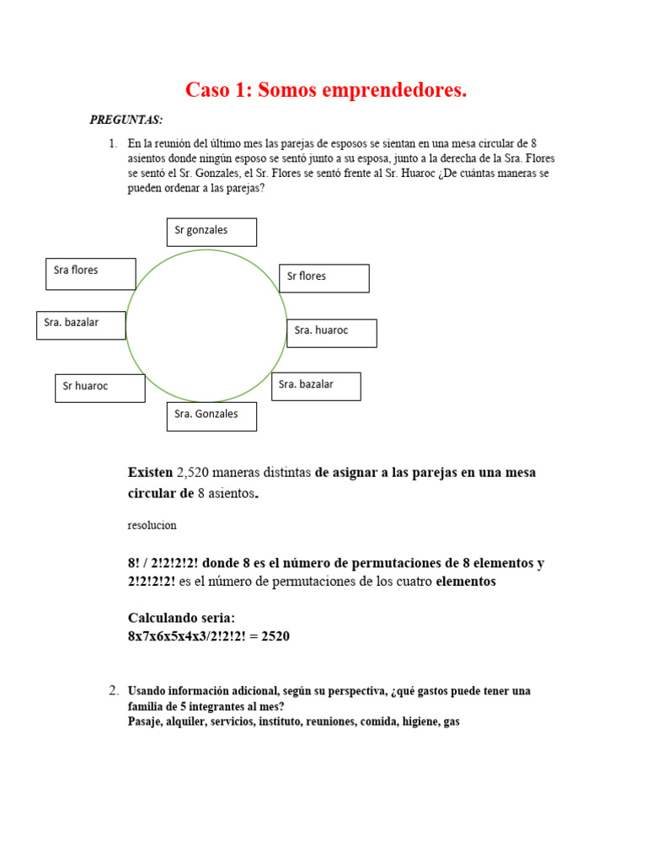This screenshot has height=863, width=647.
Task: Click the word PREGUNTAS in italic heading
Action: [126, 120]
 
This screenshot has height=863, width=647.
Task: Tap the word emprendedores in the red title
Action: [398, 90]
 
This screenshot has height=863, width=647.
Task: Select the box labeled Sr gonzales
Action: [211, 232]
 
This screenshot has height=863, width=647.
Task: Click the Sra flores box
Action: [90, 273]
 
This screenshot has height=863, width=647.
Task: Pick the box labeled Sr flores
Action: [323, 278]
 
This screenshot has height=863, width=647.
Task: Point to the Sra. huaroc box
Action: [331, 333]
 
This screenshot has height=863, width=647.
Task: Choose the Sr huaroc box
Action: [99, 388]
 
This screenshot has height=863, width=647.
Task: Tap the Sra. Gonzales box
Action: [211, 416]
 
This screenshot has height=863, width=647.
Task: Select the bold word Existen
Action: [150, 473]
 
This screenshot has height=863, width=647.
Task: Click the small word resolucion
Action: [152, 525]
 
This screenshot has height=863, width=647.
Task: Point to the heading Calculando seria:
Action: [181, 618]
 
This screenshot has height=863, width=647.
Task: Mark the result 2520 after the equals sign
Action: [275, 636]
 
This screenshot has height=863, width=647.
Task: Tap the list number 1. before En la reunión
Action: [113, 143]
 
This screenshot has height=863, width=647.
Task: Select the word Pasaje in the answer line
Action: [147, 722]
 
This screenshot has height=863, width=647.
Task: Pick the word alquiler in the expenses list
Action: [188, 722]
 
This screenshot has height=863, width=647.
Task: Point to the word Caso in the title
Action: [206, 90]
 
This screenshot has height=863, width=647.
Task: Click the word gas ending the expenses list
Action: [451, 722]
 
